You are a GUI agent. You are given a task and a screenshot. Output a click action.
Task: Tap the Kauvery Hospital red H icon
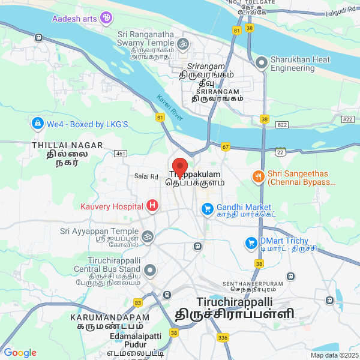point(152,206)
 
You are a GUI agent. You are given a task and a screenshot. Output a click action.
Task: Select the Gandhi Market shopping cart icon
point(207,209)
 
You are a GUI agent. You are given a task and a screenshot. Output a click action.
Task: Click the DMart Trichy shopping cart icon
point(251,243)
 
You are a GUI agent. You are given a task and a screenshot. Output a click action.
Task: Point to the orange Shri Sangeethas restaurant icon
point(258,176)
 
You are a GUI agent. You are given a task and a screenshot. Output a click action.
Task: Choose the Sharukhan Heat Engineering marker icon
point(261,62)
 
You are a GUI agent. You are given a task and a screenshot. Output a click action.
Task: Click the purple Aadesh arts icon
point(106,18)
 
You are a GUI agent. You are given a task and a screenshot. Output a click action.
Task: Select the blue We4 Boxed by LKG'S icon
point(37,124)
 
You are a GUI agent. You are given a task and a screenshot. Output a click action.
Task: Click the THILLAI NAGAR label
point(67,145)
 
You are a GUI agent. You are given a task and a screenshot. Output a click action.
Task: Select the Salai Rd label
point(146,176)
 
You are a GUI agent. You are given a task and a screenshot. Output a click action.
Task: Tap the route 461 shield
point(121,154)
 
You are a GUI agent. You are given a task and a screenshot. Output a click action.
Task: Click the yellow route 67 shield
point(226,146)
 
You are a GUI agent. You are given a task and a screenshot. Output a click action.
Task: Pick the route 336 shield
point(223,338)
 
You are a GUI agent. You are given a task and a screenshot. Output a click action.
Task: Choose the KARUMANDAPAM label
point(109,317)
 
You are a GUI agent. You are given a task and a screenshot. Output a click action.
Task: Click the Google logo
point(20,353)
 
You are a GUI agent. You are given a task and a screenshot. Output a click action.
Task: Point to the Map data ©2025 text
point(334,355)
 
